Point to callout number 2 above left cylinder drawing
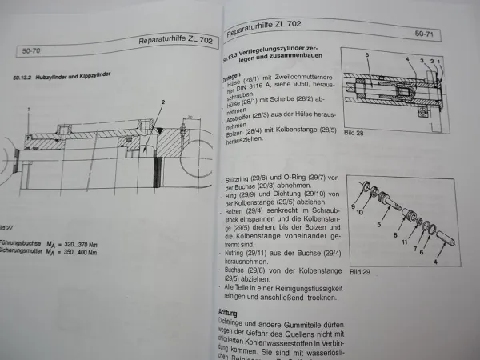click(162, 102)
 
